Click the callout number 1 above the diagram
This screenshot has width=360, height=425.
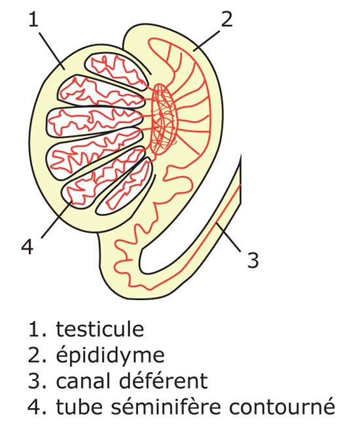point(33,20)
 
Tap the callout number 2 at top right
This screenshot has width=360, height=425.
point(227,19)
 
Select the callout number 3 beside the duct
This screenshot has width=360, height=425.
point(253,260)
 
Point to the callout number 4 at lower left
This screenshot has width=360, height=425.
point(27,247)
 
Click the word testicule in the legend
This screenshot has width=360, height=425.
point(100,329)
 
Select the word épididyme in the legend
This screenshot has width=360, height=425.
point(110,355)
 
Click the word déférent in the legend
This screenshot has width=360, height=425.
point(164,381)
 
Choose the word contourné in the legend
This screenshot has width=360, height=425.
point(281,406)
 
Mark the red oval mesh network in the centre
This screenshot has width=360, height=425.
point(164,119)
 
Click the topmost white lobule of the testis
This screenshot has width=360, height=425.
point(117,71)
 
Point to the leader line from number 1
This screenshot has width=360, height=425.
point(52,51)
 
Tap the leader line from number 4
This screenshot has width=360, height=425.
point(57,220)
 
